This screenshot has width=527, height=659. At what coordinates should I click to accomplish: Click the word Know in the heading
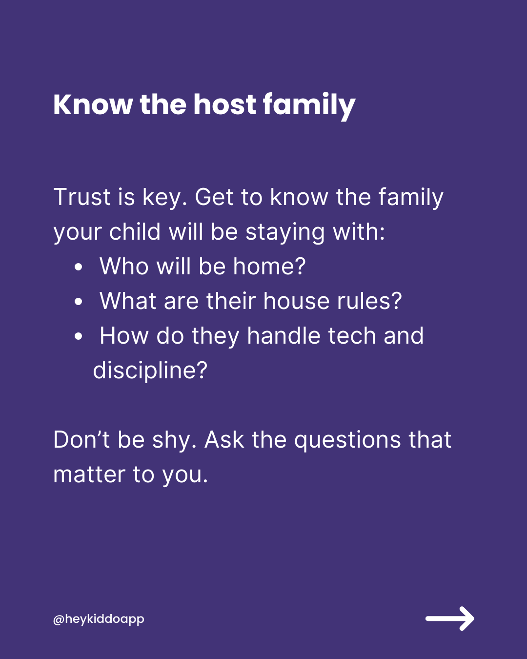pos(93,105)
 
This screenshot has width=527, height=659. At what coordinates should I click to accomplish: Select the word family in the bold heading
pos(309,106)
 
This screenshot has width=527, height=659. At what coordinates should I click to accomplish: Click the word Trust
pos(82,197)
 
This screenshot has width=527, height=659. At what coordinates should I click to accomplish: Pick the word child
pos(135,231)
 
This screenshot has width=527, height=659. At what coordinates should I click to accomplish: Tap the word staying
pos(285,233)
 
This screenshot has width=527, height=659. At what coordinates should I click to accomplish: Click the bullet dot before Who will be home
pos(79,267)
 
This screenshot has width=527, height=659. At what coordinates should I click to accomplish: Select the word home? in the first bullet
pos(269,267)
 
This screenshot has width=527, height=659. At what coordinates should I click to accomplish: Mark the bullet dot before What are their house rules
pos(79,302)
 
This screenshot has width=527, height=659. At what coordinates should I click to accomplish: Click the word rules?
pos(369,301)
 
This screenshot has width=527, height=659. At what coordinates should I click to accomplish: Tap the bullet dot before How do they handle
pos(79,336)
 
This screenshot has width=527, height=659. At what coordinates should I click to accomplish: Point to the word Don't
pos(82,440)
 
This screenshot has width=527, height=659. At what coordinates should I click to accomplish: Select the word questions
pos(347,441)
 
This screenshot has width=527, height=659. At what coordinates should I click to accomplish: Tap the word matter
pos(89,474)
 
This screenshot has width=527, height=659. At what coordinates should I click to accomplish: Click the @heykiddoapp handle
pos(99,619)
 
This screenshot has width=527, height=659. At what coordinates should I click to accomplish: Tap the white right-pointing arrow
pos(450,618)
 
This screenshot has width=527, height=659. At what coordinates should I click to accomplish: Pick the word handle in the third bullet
pos(284,336)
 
